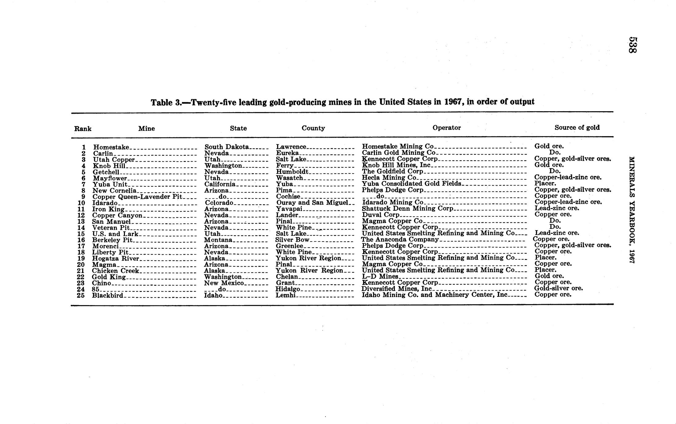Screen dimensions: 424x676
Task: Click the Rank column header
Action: coord(83,129)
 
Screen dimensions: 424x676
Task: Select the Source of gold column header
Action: coord(577,128)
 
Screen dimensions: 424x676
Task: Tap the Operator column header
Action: coord(447,128)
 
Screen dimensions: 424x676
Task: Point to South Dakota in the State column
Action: coord(226,147)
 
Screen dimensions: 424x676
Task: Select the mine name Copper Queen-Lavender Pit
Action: coord(137,197)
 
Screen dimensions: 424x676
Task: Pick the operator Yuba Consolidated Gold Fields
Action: coord(412,184)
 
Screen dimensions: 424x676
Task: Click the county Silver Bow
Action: coord(292,240)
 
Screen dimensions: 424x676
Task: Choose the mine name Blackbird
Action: coord(107,296)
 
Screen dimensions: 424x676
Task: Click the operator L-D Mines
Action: coord(380,277)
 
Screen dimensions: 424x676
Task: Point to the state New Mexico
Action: coord(224,283)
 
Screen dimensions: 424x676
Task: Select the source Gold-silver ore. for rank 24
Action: coord(558,288)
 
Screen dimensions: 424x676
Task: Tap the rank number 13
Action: coord(81,222)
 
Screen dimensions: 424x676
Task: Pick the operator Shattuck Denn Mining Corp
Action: coord(408,209)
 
